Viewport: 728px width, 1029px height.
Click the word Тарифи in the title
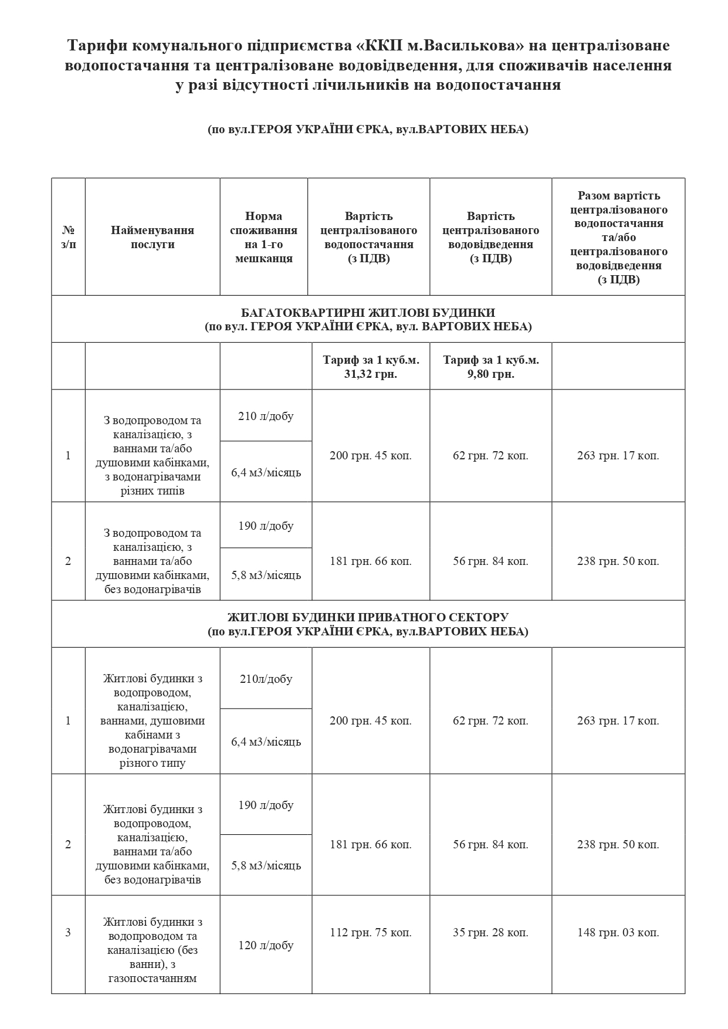94,46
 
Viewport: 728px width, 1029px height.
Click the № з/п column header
68,237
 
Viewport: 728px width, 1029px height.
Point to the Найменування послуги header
153,237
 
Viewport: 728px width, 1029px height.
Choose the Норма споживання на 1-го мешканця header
264,237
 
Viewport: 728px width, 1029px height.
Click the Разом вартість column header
619,237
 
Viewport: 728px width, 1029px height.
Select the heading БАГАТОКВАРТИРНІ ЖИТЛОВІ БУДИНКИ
368,313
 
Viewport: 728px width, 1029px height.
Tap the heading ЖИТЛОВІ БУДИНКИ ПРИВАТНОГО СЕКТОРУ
368,617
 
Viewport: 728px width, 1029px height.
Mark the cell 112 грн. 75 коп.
371,932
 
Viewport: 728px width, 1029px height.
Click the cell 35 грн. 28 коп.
491,932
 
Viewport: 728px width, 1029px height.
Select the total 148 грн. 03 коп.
618,932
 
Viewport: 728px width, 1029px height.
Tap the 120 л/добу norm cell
266,945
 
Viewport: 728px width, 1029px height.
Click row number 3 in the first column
68,932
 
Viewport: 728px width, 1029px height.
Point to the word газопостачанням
153,978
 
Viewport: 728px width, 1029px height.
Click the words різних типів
153,490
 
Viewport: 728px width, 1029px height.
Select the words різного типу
153,763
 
